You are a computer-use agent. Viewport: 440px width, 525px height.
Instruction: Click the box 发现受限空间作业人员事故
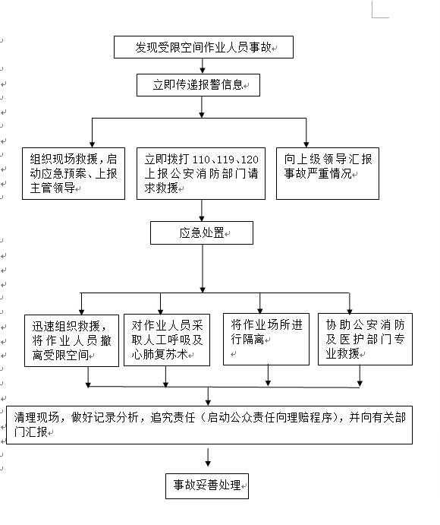pos(203,47)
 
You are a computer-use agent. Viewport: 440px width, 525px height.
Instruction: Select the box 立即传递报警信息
pos(198,85)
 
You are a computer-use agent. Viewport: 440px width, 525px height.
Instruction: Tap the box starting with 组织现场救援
pos(74,173)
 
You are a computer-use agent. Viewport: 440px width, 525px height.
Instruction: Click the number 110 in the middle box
pos(202,160)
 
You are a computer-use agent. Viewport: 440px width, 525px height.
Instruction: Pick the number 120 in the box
pos(250,160)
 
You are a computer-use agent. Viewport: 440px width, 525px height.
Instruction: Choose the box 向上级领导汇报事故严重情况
pos(328,173)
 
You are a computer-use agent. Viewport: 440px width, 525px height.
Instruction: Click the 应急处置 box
pos(202,232)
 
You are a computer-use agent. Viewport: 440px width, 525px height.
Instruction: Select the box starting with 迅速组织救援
pos(71,340)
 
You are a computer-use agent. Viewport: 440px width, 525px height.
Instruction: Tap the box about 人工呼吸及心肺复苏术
pos(167,340)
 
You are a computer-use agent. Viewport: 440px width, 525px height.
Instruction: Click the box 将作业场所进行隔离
pos(266,339)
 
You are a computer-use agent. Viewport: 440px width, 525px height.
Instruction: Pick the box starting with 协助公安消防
pos(365,339)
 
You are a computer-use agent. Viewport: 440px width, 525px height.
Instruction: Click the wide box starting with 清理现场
pos(209,425)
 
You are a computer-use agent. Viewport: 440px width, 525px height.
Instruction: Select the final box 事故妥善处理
pos(207,486)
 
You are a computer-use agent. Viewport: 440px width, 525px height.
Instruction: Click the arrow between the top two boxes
pos(203,66)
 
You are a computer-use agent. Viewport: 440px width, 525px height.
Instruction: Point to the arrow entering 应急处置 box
pos(202,210)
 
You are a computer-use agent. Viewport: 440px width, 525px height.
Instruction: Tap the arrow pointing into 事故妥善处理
pos(208,457)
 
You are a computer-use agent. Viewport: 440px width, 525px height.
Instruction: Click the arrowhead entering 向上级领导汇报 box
pos(306,144)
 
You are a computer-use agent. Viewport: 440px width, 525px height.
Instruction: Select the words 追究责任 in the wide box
pos(172,418)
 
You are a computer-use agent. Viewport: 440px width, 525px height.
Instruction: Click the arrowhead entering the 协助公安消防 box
pos(350,312)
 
